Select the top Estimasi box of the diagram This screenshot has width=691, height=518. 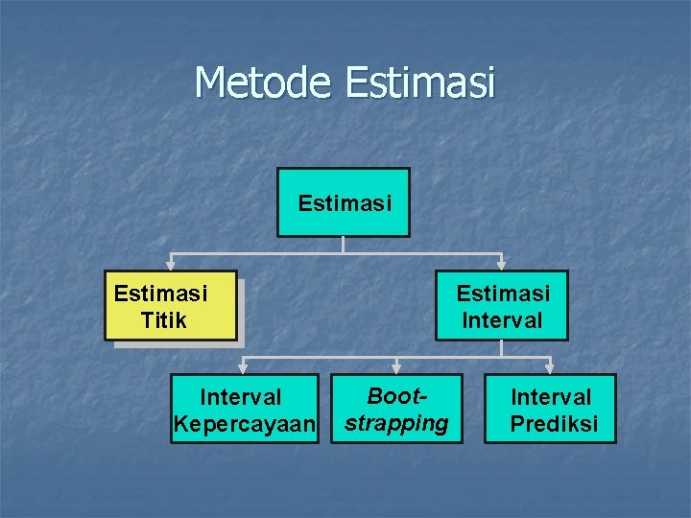(344, 202)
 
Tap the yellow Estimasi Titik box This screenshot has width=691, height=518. (170, 305)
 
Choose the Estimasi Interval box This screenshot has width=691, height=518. (501, 305)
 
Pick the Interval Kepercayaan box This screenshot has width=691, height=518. (244, 410)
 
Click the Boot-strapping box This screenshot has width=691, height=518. (396, 409)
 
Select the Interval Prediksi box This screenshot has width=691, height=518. (550, 410)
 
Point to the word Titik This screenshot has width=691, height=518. (163, 319)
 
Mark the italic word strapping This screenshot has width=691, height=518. (396, 423)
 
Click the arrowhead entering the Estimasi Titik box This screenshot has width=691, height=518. (171, 264)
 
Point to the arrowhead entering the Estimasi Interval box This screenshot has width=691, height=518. (501, 264)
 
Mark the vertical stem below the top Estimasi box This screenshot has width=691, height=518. (344, 245)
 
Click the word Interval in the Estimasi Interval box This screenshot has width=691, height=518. (502, 319)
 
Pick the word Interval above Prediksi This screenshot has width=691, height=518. (551, 396)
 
